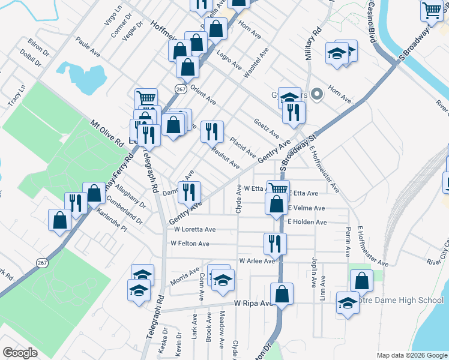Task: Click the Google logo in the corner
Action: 20,352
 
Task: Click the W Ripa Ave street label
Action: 253,304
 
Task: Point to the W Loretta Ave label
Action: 194,229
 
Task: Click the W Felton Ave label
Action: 190,244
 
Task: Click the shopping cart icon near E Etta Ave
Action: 277,190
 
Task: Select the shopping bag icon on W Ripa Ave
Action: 282,294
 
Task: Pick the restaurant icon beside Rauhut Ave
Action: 211,131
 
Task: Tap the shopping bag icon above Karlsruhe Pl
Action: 94,193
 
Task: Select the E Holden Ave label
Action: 307,222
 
